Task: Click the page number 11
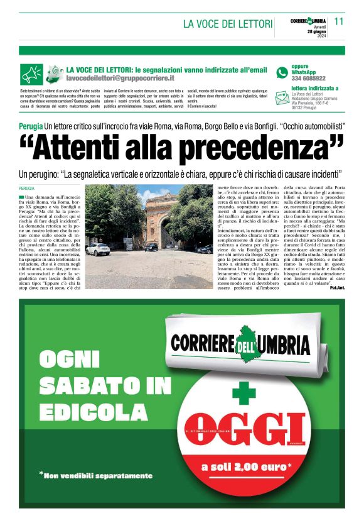340,21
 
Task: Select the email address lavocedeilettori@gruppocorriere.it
120,79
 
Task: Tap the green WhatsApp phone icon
282,72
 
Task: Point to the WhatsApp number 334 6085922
308,79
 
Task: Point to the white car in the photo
98,249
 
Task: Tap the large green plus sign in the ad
244,393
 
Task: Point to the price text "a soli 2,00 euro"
245,467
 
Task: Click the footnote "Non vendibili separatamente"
97,475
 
